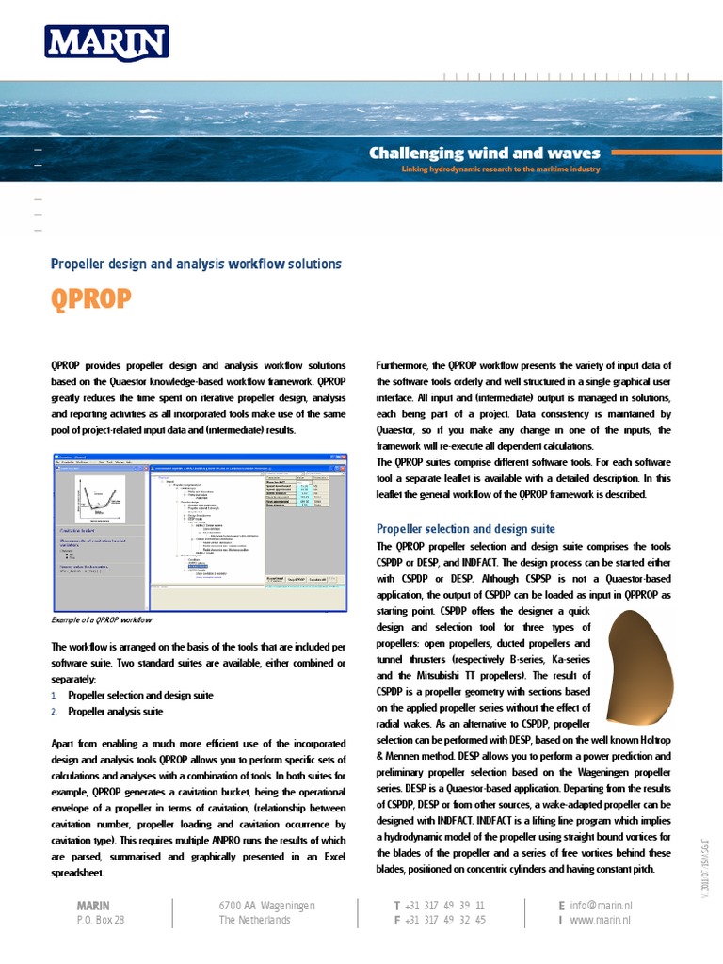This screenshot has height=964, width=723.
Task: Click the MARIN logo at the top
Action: [x=106, y=42]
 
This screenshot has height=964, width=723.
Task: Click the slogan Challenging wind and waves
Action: [x=484, y=153]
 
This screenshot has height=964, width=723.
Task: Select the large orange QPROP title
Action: [x=90, y=300]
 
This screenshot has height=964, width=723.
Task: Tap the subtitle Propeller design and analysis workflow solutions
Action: [x=195, y=265]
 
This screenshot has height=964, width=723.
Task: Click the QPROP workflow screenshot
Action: [x=198, y=531]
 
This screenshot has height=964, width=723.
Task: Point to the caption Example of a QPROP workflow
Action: [x=102, y=619]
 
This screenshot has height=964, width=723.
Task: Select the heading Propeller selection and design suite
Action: [x=465, y=529]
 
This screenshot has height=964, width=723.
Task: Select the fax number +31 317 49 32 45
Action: [x=444, y=920]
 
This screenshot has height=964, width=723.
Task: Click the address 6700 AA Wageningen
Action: [x=266, y=906]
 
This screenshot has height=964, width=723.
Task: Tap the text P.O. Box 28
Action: [x=100, y=920]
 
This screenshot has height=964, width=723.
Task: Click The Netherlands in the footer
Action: [x=254, y=920]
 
